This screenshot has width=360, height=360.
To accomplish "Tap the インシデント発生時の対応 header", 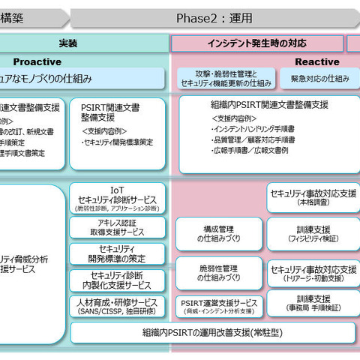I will point(256,43).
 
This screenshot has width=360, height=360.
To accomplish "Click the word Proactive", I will point(37,61).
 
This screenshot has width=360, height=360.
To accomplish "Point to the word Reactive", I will point(316,61).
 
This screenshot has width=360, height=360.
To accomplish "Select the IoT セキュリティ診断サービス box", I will point(117,199).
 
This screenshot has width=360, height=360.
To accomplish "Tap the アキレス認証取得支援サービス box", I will point(117,228).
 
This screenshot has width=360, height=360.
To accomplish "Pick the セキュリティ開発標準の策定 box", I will point(117,253).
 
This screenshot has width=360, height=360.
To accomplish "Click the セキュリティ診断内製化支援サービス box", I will point(117,280).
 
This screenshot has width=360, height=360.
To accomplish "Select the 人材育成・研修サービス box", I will point(117,306).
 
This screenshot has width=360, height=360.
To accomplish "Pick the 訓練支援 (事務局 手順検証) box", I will point(313,304).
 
